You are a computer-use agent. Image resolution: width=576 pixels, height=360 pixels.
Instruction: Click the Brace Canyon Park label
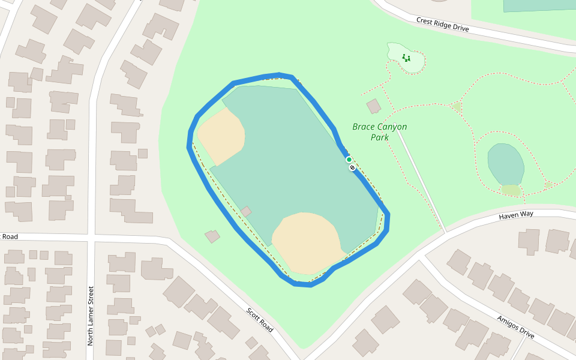[x=379, y=132]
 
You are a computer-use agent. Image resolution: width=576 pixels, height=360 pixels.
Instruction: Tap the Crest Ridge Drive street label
[x=443, y=25]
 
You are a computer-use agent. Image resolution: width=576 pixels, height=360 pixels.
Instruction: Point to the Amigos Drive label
[x=515, y=326]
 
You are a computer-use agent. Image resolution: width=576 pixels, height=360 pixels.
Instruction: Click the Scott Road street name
[x=260, y=320]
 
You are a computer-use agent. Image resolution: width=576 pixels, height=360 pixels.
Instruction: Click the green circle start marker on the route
[x=349, y=160]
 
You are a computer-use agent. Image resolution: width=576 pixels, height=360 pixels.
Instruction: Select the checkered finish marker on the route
[x=352, y=167]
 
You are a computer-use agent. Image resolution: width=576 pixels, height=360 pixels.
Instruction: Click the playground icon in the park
[x=406, y=58]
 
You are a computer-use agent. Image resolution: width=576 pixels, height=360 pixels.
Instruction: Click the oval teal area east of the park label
[x=505, y=164]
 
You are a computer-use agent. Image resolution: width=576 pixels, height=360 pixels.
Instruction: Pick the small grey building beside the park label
[x=374, y=106]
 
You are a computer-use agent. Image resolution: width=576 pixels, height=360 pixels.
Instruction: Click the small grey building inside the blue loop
[x=246, y=211]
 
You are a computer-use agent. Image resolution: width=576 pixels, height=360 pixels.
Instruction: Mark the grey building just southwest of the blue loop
[x=212, y=236]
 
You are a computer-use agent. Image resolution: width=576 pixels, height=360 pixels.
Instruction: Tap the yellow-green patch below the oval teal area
[x=511, y=190]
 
